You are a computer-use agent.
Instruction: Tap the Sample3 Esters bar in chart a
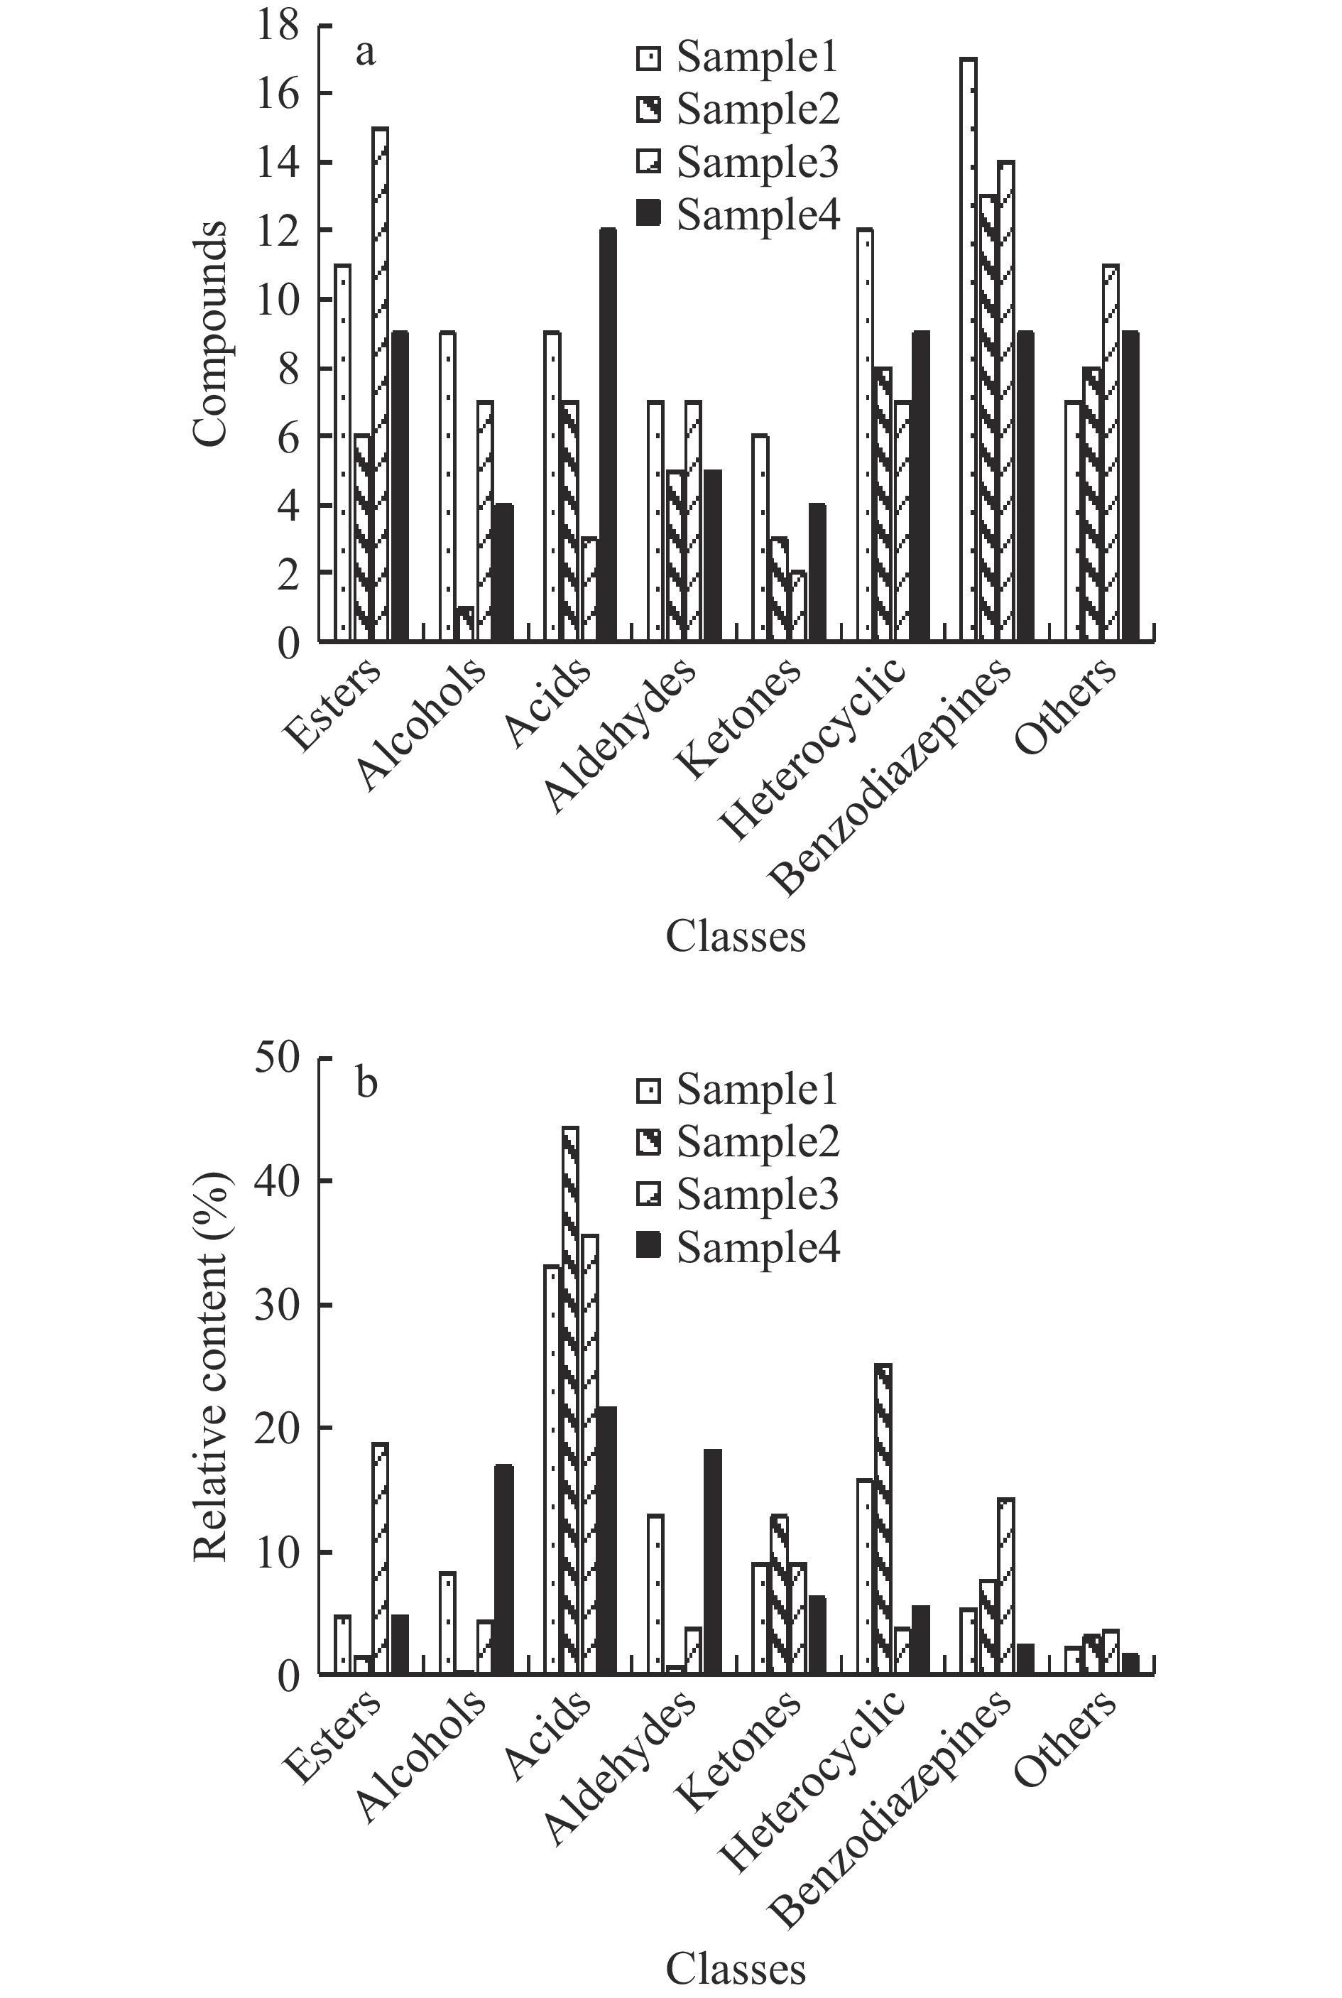(380, 384)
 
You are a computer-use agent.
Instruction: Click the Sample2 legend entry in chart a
(738, 109)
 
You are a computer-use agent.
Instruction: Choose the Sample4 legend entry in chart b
(738, 1249)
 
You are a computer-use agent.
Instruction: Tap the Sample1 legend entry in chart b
(738, 1090)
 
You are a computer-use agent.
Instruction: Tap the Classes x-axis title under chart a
(735, 937)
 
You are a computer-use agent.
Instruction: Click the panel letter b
(366, 1084)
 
